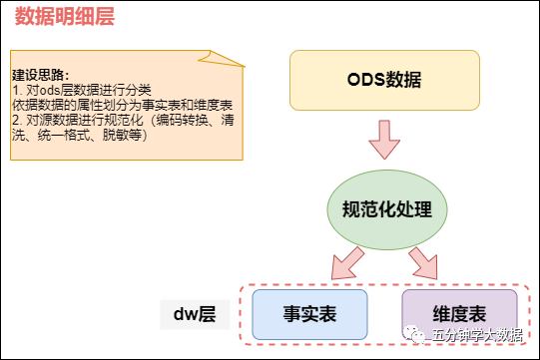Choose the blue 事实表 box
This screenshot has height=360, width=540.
pos(309,314)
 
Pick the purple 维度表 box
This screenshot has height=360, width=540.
pos(460,314)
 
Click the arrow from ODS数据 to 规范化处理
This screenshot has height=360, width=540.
pos(384,141)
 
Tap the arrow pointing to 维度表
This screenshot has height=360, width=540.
pos(423,262)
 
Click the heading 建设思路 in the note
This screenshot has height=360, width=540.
pos(37,76)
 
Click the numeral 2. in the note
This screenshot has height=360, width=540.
pos(17,119)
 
